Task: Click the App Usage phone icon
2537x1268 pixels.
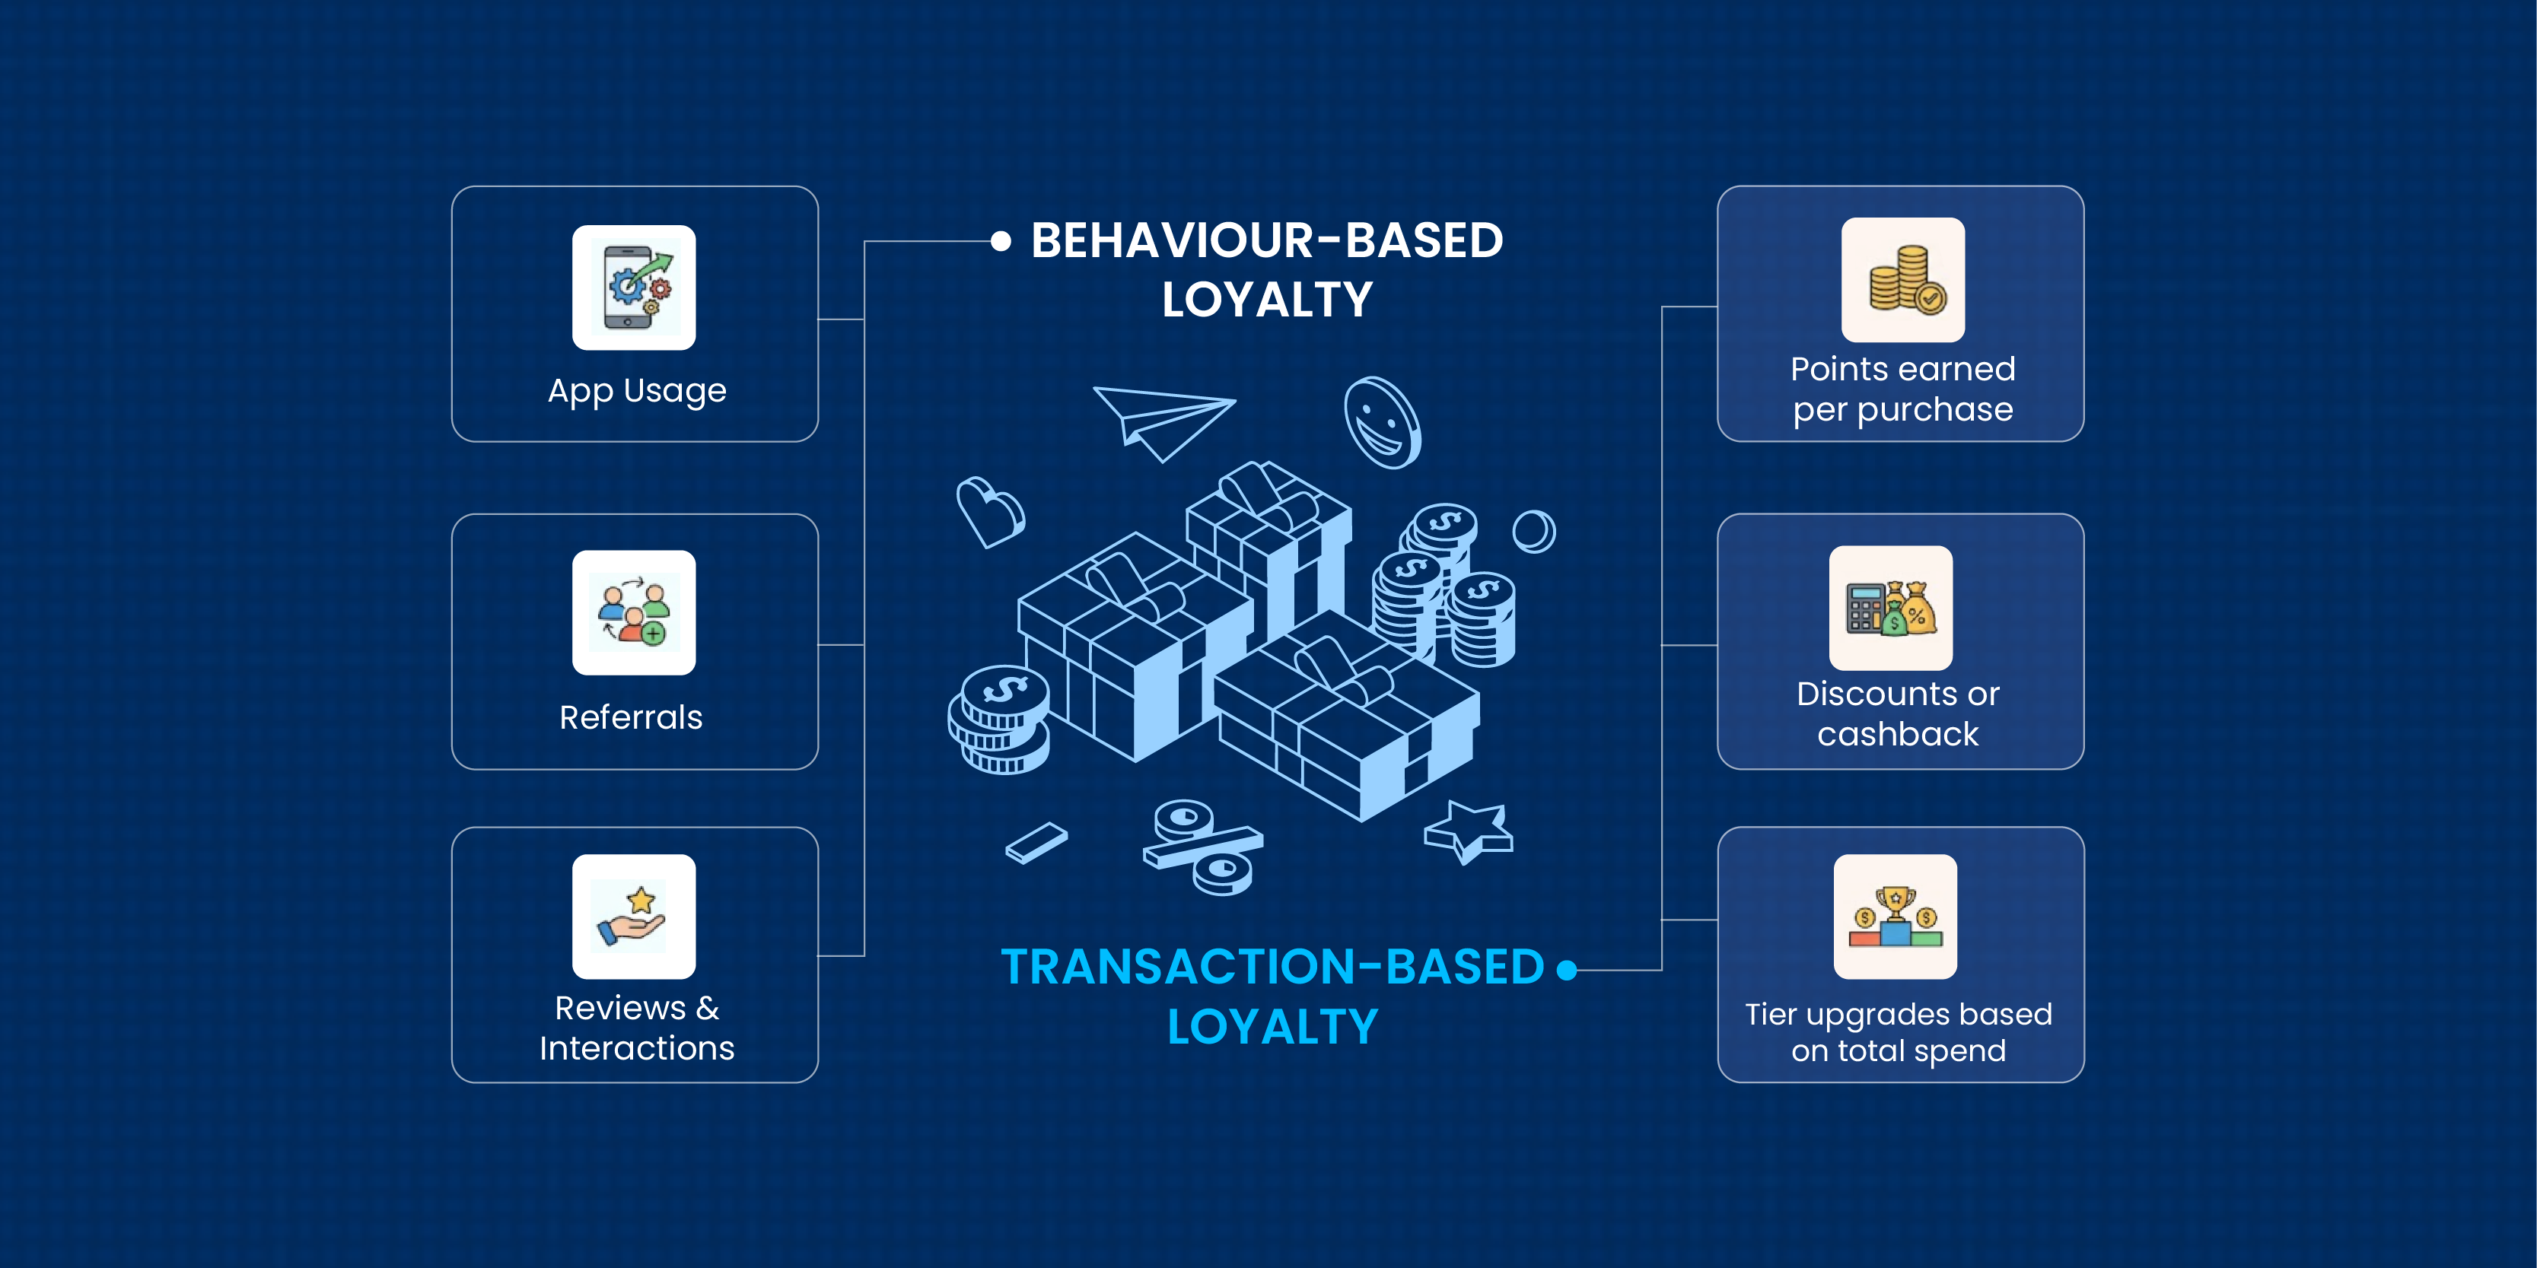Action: click(x=633, y=288)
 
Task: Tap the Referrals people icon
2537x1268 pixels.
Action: click(x=633, y=612)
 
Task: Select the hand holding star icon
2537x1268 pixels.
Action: click(x=633, y=917)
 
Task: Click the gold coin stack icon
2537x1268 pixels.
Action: click(x=1902, y=280)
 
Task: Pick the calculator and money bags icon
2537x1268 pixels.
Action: click(x=1890, y=608)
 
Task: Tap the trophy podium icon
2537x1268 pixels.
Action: click(x=1895, y=917)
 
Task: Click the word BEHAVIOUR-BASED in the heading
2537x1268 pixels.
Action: click(x=1266, y=240)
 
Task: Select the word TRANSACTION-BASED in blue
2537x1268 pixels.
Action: click(x=1272, y=967)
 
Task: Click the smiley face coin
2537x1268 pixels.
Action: click(x=1383, y=422)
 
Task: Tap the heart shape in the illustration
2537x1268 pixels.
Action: click(x=988, y=510)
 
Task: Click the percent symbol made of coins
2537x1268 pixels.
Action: click(x=1202, y=847)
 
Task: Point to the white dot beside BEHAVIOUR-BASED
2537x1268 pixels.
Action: click(x=1001, y=241)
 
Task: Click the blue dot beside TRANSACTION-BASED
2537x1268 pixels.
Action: click(x=1566, y=971)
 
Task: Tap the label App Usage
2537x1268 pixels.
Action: click(x=636, y=391)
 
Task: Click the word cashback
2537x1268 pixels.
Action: click(x=1897, y=735)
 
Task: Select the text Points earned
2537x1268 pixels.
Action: click(x=1902, y=369)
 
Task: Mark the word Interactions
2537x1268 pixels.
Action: click(x=636, y=1048)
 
